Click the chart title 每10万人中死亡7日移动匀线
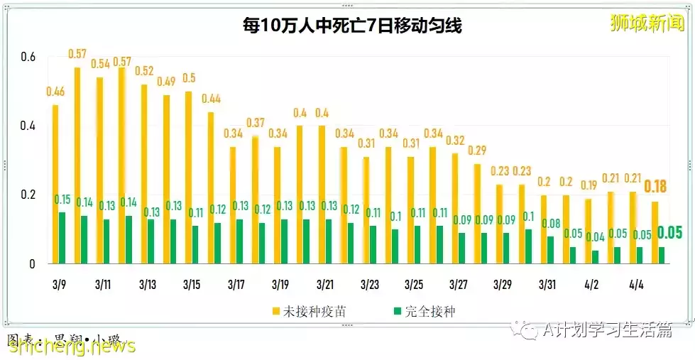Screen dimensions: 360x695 point(351,27)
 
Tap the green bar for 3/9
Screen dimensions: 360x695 point(62,238)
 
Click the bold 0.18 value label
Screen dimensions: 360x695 point(655,187)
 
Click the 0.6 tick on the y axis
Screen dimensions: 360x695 point(27,56)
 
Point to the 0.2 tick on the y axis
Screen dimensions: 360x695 point(27,195)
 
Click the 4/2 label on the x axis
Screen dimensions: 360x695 point(591,285)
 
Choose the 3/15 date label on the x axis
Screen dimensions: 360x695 point(192,285)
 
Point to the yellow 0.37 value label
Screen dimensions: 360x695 point(256,124)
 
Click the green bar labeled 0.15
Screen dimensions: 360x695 point(62,238)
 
